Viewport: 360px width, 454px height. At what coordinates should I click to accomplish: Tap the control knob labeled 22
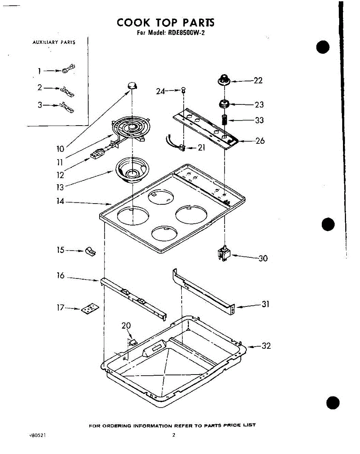coord(224,80)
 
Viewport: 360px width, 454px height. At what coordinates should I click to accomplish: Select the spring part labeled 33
coord(224,121)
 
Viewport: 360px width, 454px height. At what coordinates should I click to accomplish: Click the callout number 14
coord(61,202)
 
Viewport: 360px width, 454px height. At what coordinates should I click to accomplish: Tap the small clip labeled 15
coord(90,251)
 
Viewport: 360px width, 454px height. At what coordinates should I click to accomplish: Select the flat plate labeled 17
coord(89,309)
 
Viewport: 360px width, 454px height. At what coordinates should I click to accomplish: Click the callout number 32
coord(266,346)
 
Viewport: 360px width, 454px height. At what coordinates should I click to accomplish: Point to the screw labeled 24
coord(184,90)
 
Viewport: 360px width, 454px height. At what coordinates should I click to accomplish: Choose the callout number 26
coord(260,141)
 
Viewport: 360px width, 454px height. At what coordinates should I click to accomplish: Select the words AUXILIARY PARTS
coord(54,42)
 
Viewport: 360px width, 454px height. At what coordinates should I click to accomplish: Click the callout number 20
coord(126,326)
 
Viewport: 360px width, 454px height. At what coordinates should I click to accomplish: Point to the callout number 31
coord(265,304)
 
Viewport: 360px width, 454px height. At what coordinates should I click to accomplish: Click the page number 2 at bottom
coord(174,435)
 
